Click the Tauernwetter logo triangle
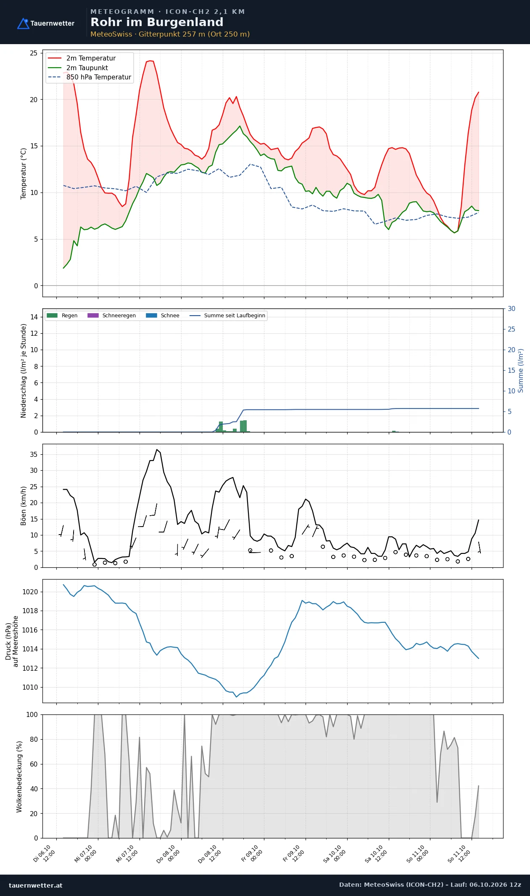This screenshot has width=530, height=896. coord(23,24)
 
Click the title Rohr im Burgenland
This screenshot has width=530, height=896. coord(157,22)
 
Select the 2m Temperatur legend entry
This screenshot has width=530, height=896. coord(82,58)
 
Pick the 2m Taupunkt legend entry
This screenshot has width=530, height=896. coord(78,68)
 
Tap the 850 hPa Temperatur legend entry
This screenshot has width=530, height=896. coord(90,77)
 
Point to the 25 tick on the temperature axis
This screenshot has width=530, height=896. coord(34,53)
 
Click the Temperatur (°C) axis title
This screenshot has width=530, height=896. coord(24,173)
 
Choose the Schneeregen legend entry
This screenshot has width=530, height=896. coord(111,316)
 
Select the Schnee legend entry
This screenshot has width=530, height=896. coord(163,316)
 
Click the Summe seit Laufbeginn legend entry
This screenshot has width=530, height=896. coord(227,316)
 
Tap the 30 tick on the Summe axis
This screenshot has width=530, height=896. coord(512,308)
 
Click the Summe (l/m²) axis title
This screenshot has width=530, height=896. coord(521,371)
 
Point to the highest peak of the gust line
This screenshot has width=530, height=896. coord(157,450)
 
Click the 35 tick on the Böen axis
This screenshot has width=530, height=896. coord(34,454)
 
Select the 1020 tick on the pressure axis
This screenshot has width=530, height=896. coord(30,592)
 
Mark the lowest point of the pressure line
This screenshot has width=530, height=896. coord(236,697)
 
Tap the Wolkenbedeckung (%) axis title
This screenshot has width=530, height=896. coord(19,777)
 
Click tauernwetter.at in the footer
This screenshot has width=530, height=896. coord(35,885)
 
